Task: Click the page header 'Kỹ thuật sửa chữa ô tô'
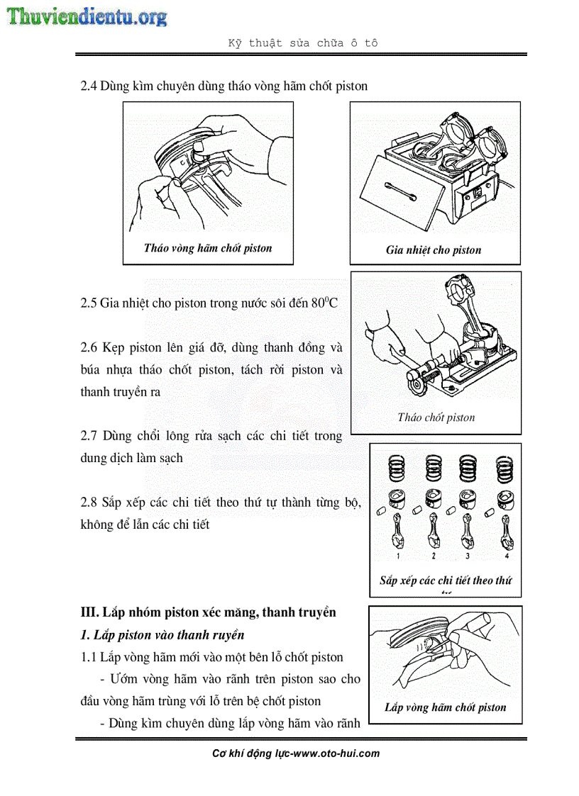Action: pyautogui.click(x=302, y=43)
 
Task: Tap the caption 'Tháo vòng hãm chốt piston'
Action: pyautogui.click(x=207, y=248)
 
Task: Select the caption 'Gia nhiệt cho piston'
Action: pyautogui.click(x=434, y=250)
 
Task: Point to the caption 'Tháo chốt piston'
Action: pyautogui.click(x=436, y=417)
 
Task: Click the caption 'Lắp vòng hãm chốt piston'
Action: pyautogui.click(x=445, y=707)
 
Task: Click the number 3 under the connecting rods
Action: pyautogui.click(x=467, y=557)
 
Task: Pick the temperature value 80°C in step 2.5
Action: pyautogui.click(x=325, y=303)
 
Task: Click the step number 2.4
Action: pyautogui.click(x=89, y=86)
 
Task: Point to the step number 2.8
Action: pyautogui.click(x=89, y=503)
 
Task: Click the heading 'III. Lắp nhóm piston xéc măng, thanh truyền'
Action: pyautogui.click(x=208, y=612)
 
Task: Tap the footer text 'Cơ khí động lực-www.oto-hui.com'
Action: pyautogui.click(x=296, y=753)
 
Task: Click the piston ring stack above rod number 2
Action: pyautogui.click(x=433, y=468)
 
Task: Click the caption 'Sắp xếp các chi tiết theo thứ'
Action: pyautogui.click(x=445, y=581)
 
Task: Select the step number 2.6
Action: pyautogui.click(x=89, y=348)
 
